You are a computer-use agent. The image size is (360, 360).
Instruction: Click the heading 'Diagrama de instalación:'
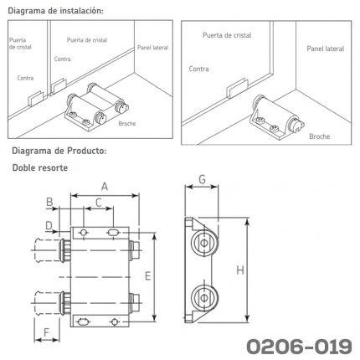(x=56, y=11)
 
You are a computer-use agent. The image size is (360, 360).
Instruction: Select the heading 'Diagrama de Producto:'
(x=59, y=151)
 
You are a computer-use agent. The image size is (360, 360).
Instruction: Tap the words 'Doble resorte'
(x=40, y=167)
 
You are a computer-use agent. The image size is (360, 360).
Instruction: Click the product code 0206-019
(x=299, y=347)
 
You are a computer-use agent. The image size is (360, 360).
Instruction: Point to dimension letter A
(x=105, y=186)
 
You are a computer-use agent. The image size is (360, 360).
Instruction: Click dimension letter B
(x=49, y=202)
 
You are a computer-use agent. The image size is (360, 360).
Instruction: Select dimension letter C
(x=98, y=203)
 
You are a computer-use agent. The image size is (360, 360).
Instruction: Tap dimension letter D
(x=49, y=225)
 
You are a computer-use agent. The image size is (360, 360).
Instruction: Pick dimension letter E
(x=147, y=276)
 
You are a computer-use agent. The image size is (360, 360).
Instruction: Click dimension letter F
(x=46, y=332)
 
